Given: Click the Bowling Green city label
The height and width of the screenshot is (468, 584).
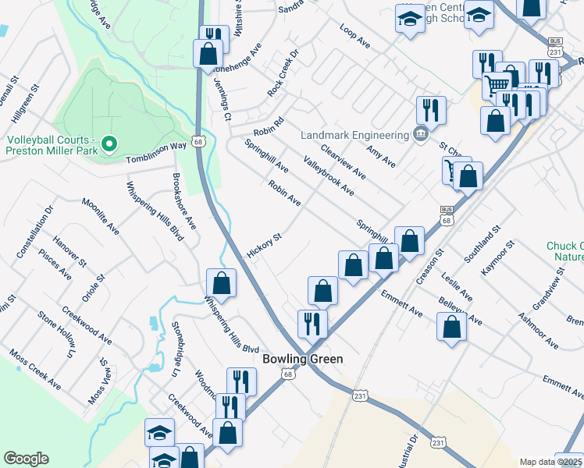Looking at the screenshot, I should [303, 360].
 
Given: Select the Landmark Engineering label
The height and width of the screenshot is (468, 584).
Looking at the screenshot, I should [355, 134].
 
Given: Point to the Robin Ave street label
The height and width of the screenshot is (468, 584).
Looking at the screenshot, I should [284, 193].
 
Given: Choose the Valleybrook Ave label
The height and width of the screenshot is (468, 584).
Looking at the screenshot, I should [329, 176].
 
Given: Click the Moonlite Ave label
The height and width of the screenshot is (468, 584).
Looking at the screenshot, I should [101, 216].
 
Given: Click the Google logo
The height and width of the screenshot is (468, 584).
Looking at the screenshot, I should [26, 459].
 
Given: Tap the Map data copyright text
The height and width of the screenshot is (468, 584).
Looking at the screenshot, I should [551, 462].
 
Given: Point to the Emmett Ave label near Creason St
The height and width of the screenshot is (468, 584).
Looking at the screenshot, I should [401, 303].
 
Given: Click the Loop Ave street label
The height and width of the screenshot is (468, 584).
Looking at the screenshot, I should [354, 37].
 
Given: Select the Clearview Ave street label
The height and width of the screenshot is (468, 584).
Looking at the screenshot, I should [343, 160].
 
